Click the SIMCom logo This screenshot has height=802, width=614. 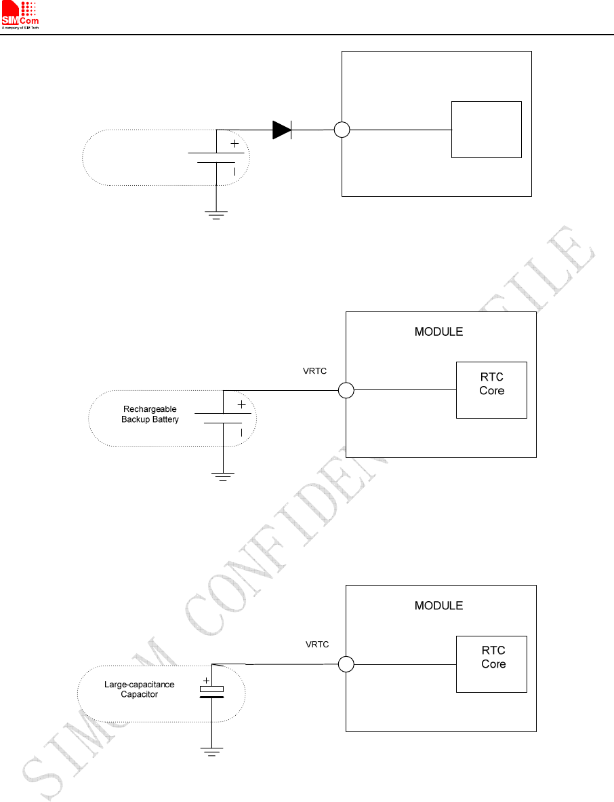point(20,15)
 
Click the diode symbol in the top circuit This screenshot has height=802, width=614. point(282,130)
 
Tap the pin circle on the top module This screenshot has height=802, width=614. point(342,130)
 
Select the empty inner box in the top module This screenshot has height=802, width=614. point(486,130)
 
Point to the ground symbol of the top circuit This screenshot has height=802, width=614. point(216,215)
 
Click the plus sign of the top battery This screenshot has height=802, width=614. point(235,144)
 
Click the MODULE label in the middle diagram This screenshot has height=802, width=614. point(438,332)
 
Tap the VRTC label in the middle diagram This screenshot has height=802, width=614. point(314,371)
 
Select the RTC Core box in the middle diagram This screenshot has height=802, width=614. point(491,389)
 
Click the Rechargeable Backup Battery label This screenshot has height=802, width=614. point(150,414)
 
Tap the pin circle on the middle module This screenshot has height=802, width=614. point(346,390)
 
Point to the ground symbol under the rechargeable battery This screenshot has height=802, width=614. point(223,476)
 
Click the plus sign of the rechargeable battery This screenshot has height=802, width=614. point(242,404)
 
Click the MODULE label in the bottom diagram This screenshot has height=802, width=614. point(438,606)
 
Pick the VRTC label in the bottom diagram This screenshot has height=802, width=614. point(317,645)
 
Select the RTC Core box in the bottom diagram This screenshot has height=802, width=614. point(491,664)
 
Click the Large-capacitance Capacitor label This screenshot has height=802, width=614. point(139,689)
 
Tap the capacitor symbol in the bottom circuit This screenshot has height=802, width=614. point(211,692)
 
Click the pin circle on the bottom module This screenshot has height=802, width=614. point(346,664)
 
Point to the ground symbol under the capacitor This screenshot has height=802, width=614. point(211,750)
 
